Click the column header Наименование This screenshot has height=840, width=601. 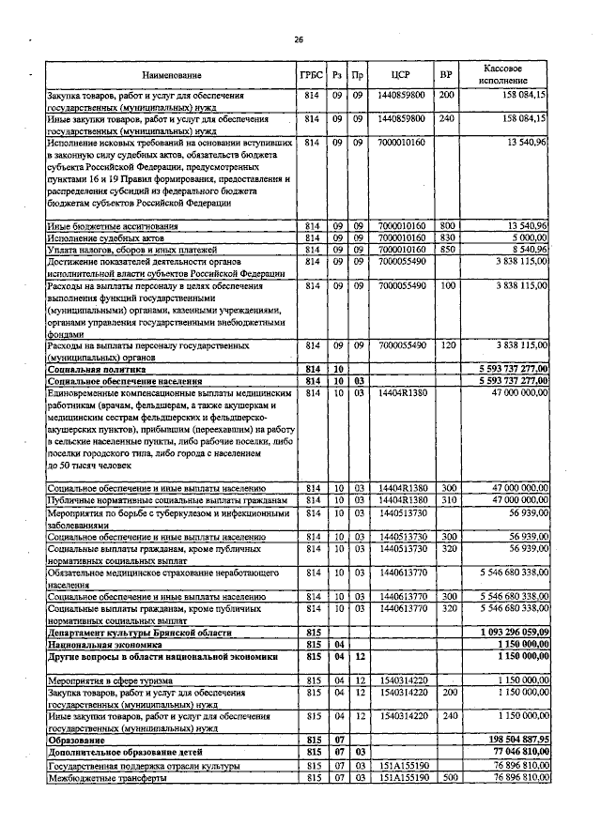coord(172,74)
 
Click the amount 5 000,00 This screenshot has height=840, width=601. coord(528,238)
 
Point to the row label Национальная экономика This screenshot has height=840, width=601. coord(104,646)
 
